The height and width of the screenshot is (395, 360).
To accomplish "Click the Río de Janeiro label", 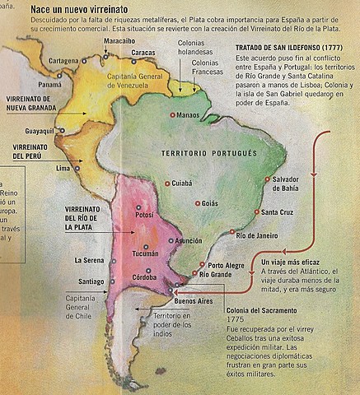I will click(x=257, y=235).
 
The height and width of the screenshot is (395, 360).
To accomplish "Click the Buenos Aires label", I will click(x=194, y=302).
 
